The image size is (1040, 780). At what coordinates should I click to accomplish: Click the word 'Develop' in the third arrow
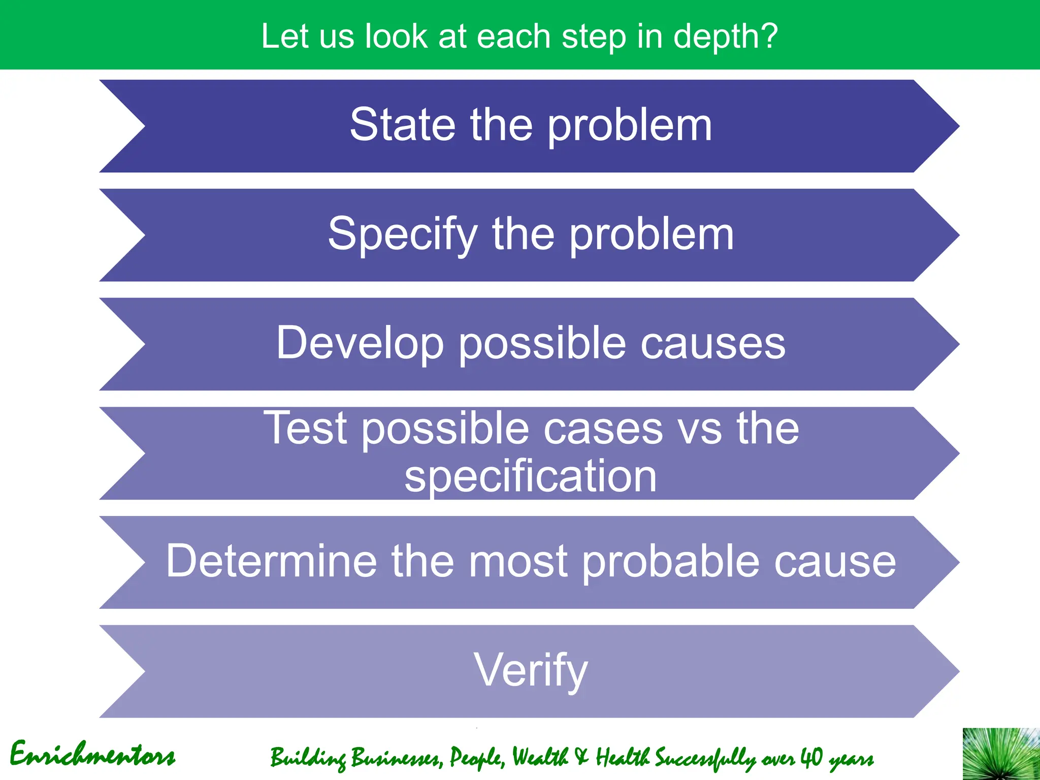[x=360, y=343]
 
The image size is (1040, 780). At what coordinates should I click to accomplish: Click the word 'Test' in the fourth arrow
[x=305, y=428]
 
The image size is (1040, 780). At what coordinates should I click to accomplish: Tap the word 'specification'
[x=530, y=476]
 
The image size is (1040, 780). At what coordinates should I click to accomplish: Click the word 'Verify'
[x=530, y=670]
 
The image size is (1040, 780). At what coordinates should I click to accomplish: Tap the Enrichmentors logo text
[x=92, y=755]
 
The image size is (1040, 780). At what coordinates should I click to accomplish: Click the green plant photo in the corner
[x=1001, y=754]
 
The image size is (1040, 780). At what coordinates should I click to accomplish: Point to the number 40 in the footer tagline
[x=811, y=757]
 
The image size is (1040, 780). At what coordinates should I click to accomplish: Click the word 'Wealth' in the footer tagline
[x=540, y=757]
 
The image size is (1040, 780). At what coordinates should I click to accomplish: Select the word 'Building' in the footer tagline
[x=308, y=758]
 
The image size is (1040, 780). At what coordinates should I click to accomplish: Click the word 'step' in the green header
[x=594, y=37]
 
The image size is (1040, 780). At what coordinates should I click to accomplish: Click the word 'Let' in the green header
[x=285, y=37]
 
